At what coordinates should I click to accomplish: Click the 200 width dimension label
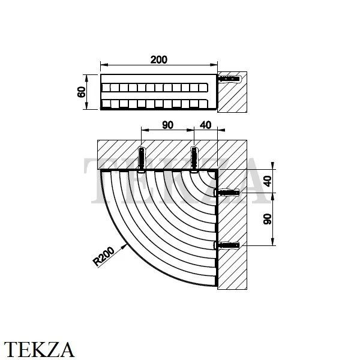click(158, 59)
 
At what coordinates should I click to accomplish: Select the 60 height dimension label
click(82, 92)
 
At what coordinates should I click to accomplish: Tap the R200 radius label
click(104, 256)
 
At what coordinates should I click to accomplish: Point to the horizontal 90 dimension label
click(167, 125)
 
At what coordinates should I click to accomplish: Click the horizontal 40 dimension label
click(205, 125)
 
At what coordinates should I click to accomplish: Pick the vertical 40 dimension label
click(268, 181)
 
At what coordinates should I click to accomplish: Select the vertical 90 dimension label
click(268, 219)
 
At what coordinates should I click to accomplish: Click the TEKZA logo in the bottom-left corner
click(39, 349)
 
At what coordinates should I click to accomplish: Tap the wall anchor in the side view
click(230, 79)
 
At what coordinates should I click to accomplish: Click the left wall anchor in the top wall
click(142, 159)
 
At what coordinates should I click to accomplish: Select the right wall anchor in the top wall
click(194, 159)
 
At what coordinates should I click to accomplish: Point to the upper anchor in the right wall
click(227, 193)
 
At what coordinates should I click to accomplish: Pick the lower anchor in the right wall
click(227, 245)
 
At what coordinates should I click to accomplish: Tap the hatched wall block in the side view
click(232, 92)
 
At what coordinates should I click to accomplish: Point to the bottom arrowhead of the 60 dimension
click(86, 106)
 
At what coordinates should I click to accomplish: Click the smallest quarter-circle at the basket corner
click(212, 175)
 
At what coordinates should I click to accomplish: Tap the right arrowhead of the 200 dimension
click(214, 65)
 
